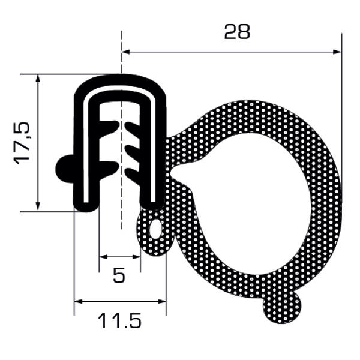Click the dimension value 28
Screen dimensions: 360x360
point(237,32)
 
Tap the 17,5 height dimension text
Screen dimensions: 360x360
point(22,143)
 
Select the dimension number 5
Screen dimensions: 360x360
point(119,275)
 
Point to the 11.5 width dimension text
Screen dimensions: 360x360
point(119,321)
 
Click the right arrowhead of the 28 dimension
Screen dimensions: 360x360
point(337,52)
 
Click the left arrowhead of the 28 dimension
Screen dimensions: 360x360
point(126,52)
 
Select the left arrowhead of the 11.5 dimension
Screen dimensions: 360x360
point(78,301)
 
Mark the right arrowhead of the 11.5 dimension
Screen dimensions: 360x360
point(161,301)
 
